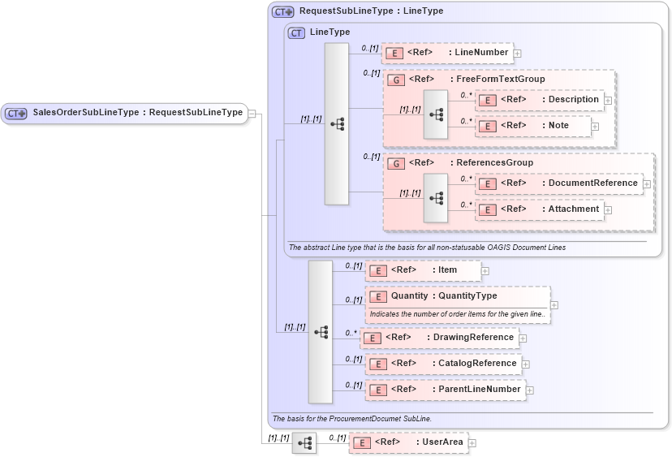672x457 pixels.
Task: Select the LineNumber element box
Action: pos(447,53)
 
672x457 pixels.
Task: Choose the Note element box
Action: pos(533,126)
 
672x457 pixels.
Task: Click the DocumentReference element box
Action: pos(559,183)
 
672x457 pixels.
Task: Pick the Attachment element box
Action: pos(540,209)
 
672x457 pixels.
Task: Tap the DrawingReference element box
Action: pos(439,338)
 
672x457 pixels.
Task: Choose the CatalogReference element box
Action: pos(443,364)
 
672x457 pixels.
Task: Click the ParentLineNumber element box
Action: pos(445,390)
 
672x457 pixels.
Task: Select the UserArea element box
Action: pos(408,442)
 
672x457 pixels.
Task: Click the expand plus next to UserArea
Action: pos(472,443)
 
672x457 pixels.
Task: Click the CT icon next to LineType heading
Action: pos(297,32)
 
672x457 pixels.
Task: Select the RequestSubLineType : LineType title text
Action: pos(371,11)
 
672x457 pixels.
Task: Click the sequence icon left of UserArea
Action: pos(304,443)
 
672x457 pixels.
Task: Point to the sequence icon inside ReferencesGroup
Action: pos(436,197)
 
